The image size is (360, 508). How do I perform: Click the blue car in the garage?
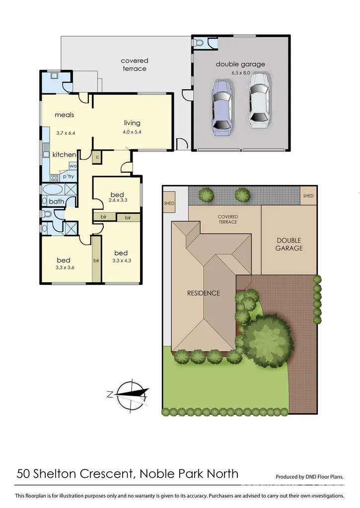tap(221, 108)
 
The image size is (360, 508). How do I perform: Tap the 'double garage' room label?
tap(240, 64)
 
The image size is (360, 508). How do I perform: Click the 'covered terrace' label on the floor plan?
tap(135, 64)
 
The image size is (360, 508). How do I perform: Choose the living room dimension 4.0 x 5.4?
tap(132, 132)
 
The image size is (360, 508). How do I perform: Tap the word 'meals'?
tap(65, 115)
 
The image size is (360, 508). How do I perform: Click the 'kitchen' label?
tap(65, 155)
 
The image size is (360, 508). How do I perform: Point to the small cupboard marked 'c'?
tap(97, 157)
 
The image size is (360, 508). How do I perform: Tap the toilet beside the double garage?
tap(200, 43)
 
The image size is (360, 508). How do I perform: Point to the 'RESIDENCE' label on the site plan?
tap(203, 293)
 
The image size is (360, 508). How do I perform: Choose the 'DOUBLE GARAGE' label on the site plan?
tap(289, 244)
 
